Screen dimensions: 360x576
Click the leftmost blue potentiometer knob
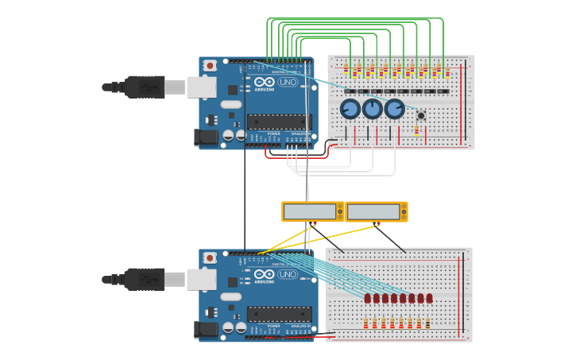pyautogui.click(x=350, y=109)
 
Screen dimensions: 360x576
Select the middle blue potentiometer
pyautogui.click(x=373, y=109)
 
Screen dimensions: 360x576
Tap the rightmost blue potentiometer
pyautogui.click(x=395, y=109)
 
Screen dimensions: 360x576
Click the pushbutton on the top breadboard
pyautogui.click(x=421, y=115)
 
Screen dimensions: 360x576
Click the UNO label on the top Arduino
pyautogui.click(x=288, y=82)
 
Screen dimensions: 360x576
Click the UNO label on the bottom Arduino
pyautogui.click(x=288, y=274)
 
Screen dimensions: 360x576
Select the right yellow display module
pyautogui.click(x=376, y=211)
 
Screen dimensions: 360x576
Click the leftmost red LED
pyautogui.click(x=368, y=299)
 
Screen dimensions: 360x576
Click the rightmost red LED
pyautogui.click(x=429, y=299)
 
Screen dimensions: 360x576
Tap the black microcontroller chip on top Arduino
pyautogui.click(x=279, y=122)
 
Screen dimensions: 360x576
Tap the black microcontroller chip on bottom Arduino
pyautogui.click(x=279, y=314)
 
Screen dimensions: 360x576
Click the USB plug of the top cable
pyautogui.click(x=145, y=87)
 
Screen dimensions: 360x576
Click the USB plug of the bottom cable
pyautogui.click(x=145, y=279)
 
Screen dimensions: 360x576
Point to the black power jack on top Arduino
pyautogui.click(x=207, y=137)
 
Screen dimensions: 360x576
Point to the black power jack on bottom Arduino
pyautogui.click(x=207, y=330)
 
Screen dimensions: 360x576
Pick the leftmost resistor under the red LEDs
pyautogui.click(x=365, y=323)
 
